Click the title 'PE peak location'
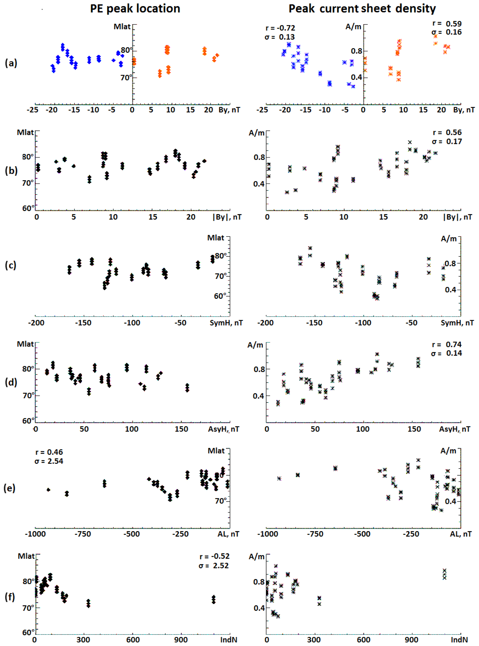[x=135, y=9]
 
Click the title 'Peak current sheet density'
[x=362, y=9]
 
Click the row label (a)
[x=11, y=63]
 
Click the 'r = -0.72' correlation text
[x=280, y=28]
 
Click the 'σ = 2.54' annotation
[x=49, y=461]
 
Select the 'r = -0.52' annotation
[x=214, y=556]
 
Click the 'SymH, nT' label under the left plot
[x=226, y=323]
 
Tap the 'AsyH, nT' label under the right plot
[x=454, y=429]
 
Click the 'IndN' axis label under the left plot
[x=228, y=640]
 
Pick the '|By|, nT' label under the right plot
[x=457, y=217]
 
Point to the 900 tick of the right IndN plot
[x=411, y=640]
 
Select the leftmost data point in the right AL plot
[x=279, y=478]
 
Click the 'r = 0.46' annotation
[x=49, y=452]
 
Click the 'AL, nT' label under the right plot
[x=460, y=534]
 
